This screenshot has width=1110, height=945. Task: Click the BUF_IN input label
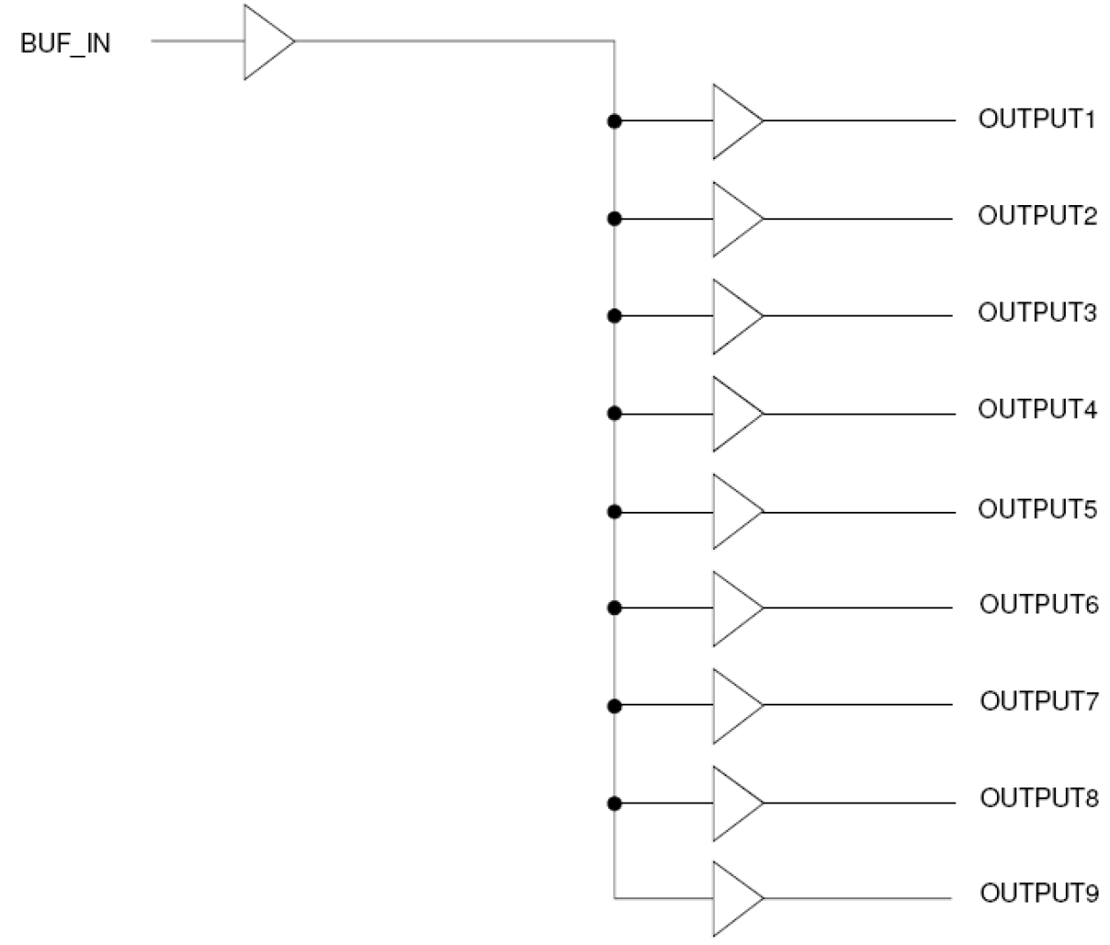click(x=65, y=43)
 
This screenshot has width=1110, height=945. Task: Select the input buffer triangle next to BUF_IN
click(x=266, y=42)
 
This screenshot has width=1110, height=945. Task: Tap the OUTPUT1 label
click(x=1037, y=119)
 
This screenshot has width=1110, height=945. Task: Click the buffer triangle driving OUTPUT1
click(x=734, y=122)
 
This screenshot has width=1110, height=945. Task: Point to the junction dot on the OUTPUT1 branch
click(x=614, y=121)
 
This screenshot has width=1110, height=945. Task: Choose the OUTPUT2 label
click(x=1037, y=216)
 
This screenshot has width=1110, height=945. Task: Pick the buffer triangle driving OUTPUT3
click(x=734, y=316)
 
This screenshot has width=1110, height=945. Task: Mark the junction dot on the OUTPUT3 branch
click(x=614, y=316)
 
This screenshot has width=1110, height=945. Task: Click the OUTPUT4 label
click(x=1037, y=409)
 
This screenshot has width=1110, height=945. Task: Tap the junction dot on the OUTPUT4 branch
click(x=614, y=413)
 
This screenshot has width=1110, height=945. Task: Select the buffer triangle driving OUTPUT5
click(x=734, y=512)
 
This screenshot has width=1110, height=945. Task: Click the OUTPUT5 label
click(x=1037, y=509)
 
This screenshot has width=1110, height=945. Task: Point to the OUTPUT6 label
click(x=1038, y=605)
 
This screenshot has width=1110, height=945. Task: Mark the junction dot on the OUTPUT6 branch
click(x=614, y=607)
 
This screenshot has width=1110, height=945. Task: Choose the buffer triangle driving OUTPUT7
click(x=734, y=705)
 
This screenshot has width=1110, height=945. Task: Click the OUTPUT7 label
click(x=1038, y=701)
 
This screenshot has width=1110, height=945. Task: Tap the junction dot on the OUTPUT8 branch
click(x=614, y=803)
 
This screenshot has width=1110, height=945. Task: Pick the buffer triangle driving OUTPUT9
click(x=734, y=898)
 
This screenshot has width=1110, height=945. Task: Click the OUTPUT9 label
click(x=1038, y=893)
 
